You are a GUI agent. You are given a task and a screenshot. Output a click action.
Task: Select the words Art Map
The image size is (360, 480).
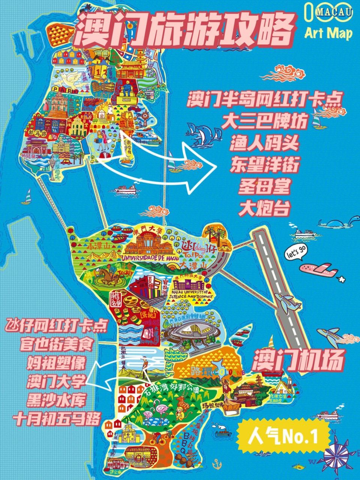(x=328, y=33)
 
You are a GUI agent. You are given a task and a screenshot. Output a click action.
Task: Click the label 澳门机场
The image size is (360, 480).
(x=298, y=360)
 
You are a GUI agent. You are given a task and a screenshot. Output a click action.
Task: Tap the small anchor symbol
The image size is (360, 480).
(x=217, y=463)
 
